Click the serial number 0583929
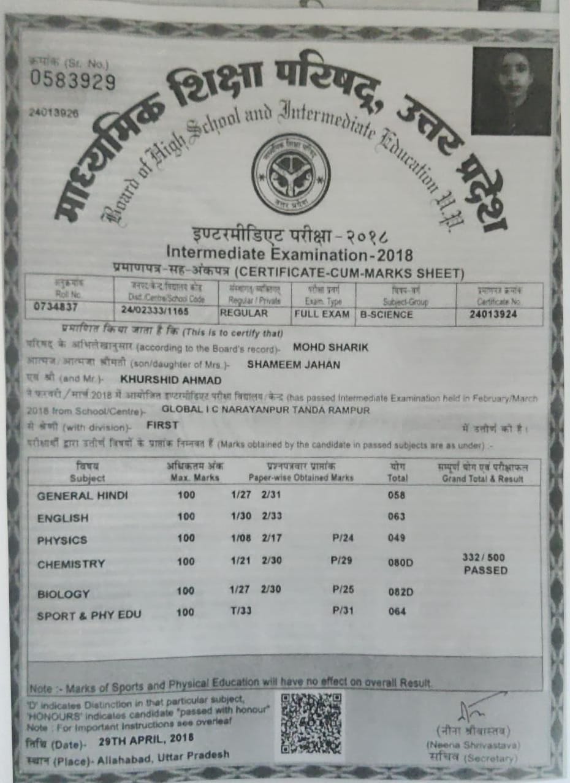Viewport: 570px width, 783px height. tap(72, 80)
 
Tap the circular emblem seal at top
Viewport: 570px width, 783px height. tap(291, 173)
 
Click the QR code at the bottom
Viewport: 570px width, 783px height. tap(311, 723)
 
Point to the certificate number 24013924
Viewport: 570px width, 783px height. tap(493, 314)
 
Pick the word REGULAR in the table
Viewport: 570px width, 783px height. tap(244, 312)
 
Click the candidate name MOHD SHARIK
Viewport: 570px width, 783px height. tap(330, 347)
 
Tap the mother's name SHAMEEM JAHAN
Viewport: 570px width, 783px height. tap(293, 364)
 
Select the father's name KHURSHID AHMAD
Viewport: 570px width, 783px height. tap(161, 379)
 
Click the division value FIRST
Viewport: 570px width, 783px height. tap(162, 424)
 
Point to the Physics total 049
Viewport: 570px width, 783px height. tap(397, 538)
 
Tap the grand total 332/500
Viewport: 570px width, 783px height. tap(484, 558)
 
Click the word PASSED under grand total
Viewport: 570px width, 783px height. tap(485, 570)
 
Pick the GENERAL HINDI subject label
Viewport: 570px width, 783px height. tap(82, 496)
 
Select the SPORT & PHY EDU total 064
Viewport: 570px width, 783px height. tap(397, 611)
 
